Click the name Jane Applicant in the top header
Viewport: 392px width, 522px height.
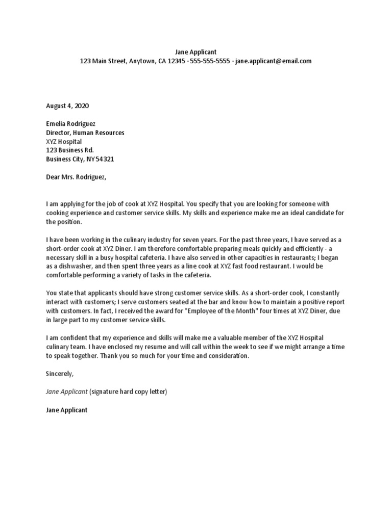click(195, 51)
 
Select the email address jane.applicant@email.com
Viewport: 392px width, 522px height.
click(273, 61)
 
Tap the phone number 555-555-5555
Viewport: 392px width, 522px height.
click(209, 61)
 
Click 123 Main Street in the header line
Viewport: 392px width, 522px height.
click(102, 61)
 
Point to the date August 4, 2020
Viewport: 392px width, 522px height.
click(67, 106)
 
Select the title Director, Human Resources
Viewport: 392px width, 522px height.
click(85, 133)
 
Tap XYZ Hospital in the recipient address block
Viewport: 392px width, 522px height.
click(64, 142)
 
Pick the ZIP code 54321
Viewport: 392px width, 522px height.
click(105, 159)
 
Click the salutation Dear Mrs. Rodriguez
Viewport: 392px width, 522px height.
click(77, 177)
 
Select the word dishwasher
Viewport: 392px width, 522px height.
click(69, 266)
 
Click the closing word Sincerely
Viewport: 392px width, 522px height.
click(60, 373)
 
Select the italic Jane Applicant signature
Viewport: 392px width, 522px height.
click(67, 391)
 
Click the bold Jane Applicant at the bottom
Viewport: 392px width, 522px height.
click(67, 409)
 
